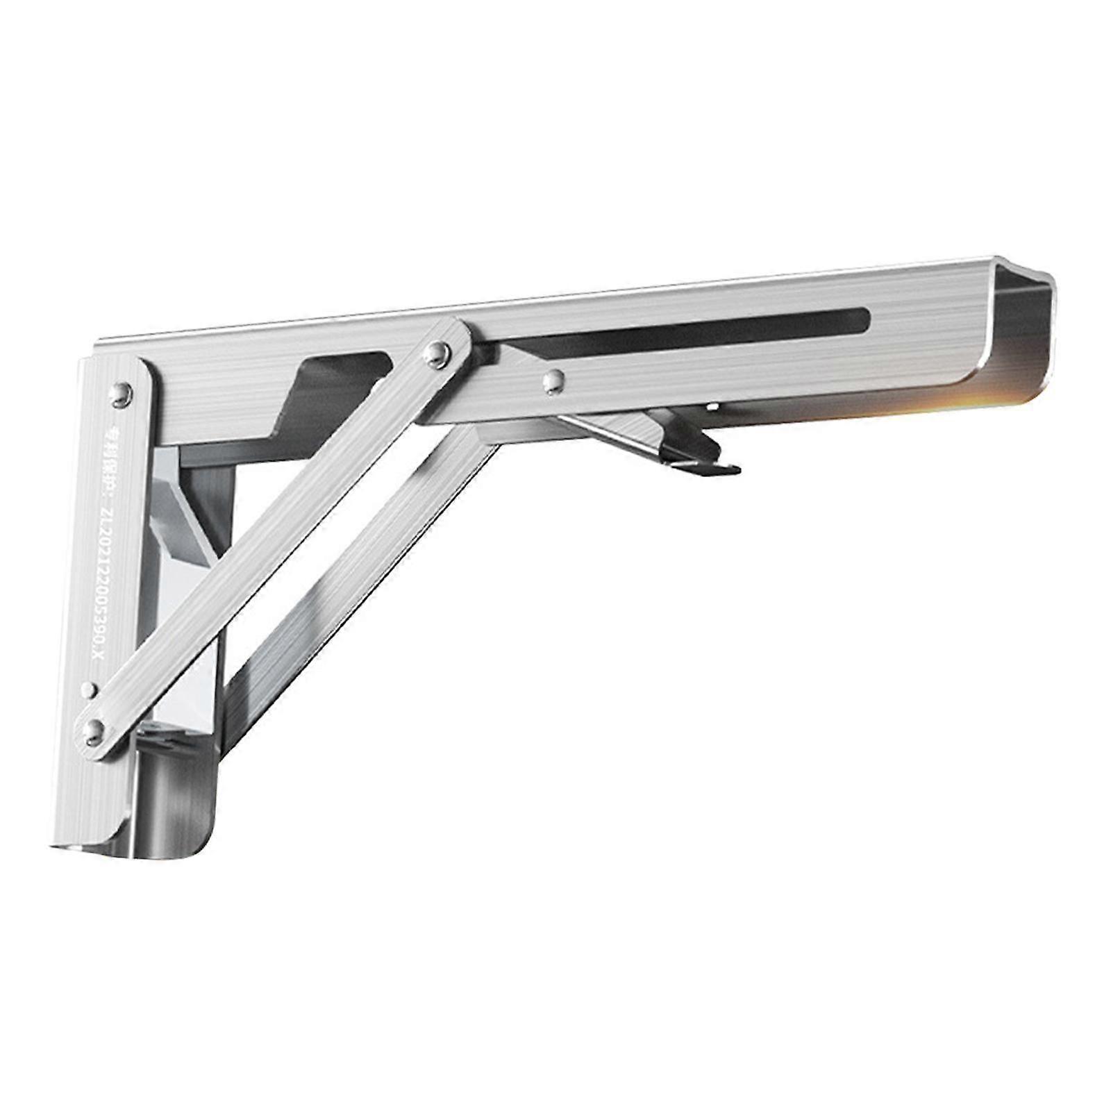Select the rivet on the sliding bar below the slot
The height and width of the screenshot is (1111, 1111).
(553, 380)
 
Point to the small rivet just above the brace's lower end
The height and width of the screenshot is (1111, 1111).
(88, 690)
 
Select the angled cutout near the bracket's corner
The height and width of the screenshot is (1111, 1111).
(326, 389)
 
